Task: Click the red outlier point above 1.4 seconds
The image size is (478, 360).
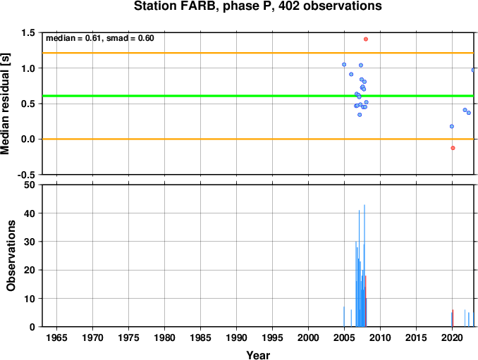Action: pos(366,39)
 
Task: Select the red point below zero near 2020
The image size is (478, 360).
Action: pos(453,148)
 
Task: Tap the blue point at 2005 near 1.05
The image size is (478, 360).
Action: pos(344,65)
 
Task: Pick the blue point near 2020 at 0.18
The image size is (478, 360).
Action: pos(452,126)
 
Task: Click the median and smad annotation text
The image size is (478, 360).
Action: pos(100,38)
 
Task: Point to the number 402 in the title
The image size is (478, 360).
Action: pos(289,6)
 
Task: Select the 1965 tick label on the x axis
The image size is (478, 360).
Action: pos(56,337)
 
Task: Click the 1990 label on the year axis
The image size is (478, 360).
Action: pos(237,337)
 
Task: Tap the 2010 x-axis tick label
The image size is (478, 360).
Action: pos(381,337)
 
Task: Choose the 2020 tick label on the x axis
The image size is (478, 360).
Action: pos(453,337)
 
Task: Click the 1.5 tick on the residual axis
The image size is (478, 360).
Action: pos(28,32)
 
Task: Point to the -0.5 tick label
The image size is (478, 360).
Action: pos(26,175)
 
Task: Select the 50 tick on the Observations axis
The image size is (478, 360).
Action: pos(30,185)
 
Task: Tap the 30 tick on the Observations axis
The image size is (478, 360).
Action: pos(30,242)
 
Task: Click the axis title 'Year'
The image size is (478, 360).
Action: pos(258,355)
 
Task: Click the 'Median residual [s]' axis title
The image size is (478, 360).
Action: pos(5,104)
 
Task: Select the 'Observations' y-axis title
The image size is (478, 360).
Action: pos(11,256)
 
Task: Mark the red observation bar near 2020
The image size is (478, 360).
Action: pos(453,318)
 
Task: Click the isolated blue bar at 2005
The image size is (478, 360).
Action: pos(344,317)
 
